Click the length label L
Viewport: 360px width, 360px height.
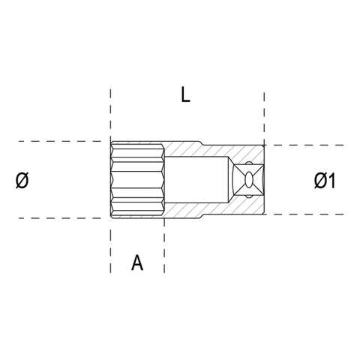pyautogui.click(x=185, y=94)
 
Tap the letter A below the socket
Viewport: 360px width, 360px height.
pyautogui.click(x=137, y=262)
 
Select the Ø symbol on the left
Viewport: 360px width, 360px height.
pyautogui.click(x=22, y=180)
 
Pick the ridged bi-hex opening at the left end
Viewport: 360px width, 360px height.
pyautogui.click(x=137, y=180)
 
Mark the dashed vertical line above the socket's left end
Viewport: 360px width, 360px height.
pyautogui.click(x=111, y=112)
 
